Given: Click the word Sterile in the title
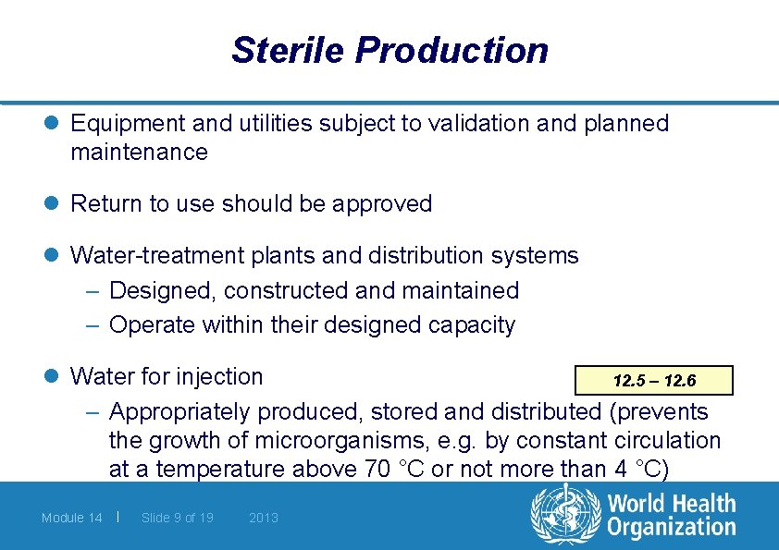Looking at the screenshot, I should click(287, 50).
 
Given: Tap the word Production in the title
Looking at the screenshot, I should click(451, 50).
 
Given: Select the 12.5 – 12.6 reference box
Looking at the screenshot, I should click(654, 381).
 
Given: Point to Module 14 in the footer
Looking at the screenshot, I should click(72, 518).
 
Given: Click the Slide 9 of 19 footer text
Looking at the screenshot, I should click(178, 518).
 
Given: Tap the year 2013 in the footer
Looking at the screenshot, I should click(264, 518).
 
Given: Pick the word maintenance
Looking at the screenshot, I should click(139, 152).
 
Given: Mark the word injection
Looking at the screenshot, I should click(222, 376).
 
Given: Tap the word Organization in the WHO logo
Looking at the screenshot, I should click(672, 529).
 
